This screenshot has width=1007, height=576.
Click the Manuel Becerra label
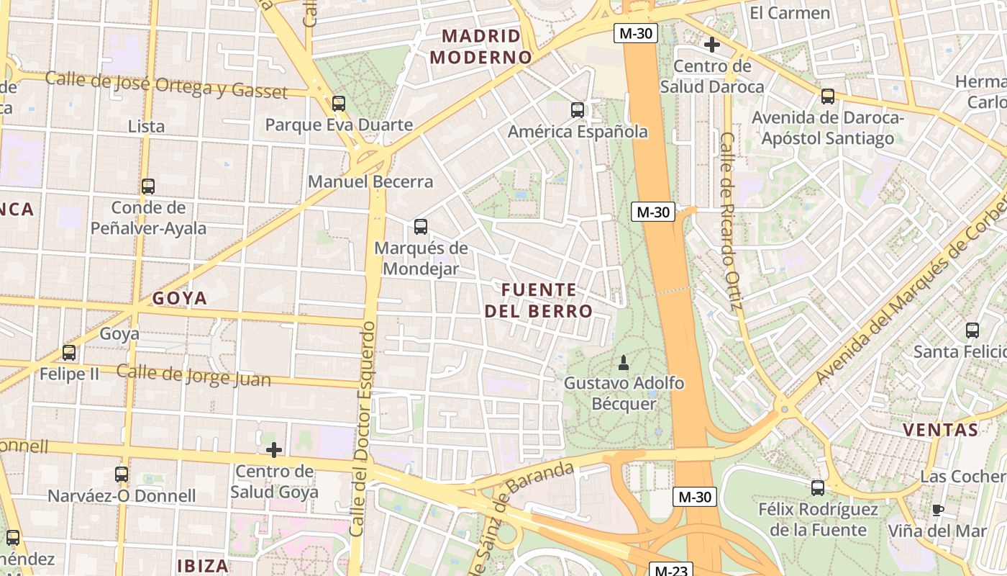(x=370, y=181)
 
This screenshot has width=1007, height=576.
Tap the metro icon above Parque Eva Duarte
(x=339, y=103)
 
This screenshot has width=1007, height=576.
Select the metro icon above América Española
(x=578, y=109)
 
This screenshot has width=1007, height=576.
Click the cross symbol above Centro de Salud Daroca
(x=712, y=45)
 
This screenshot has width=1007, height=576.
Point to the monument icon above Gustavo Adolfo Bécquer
(x=624, y=363)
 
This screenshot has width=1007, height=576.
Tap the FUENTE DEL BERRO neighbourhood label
(x=539, y=300)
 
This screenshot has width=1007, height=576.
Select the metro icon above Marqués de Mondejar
(x=421, y=227)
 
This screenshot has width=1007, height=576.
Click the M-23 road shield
(x=671, y=570)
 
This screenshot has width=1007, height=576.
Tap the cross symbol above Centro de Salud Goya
(x=274, y=450)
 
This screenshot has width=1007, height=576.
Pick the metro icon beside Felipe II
(x=69, y=353)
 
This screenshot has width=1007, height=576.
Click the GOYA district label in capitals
(x=180, y=298)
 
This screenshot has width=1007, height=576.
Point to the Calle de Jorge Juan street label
(x=193, y=375)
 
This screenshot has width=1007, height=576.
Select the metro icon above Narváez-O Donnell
(x=122, y=474)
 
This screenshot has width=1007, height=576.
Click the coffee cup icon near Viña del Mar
(x=938, y=510)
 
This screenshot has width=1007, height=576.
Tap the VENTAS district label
(x=940, y=431)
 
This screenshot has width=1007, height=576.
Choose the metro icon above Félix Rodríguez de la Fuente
(x=818, y=487)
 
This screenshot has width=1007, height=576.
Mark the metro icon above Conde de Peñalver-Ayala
(x=148, y=186)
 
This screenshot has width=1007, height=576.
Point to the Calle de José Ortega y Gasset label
(x=166, y=84)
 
